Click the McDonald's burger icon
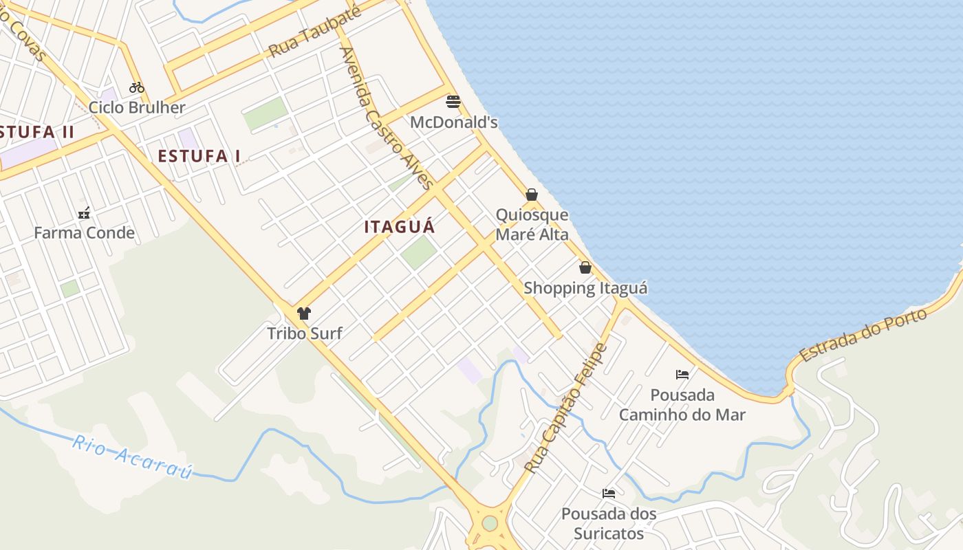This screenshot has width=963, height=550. point(453,102)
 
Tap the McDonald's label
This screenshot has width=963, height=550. point(453,122)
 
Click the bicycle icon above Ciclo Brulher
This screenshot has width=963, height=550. point(137,87)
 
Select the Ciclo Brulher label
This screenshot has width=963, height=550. point(137,108)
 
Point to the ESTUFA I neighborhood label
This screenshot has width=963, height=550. point(199,156)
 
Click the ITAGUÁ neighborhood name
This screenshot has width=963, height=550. point(400,227)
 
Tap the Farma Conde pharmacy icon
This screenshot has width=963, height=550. point(84,213)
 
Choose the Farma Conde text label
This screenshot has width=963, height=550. point(84,233)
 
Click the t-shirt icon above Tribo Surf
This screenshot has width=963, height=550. point(304,313)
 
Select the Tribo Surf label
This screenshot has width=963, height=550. point(304,333)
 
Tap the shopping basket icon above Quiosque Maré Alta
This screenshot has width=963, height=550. point(532,195)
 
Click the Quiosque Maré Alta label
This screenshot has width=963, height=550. point(532,225)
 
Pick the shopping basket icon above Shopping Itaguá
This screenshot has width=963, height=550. point(585,267)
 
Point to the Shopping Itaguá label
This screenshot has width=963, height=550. point(585,288)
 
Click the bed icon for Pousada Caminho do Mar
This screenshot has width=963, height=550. point(682,375)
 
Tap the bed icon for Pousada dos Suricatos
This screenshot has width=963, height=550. point(608,493)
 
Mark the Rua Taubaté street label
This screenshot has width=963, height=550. point(315,33)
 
